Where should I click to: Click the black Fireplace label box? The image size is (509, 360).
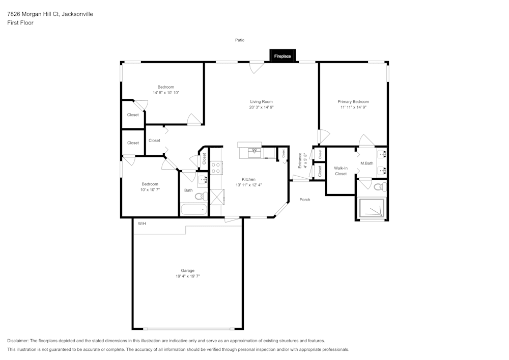point(282,56)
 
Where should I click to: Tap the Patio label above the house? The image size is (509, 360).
point(240,40)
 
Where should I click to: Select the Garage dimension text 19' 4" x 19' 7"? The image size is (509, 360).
point(187,276)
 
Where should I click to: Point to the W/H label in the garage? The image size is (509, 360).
point(142,223)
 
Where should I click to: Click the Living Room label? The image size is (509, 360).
point(261,101)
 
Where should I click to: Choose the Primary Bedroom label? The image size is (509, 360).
point(354,101)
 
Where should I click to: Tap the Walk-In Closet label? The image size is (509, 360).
point(341,171)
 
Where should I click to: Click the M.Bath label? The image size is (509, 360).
point(366,163)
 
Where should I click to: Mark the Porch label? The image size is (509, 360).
point(304,200)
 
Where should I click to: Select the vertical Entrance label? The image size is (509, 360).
point(300,160)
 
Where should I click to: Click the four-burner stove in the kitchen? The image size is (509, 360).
point(216,168)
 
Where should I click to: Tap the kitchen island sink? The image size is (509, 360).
point(254,151)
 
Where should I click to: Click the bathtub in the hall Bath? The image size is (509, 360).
point(193,209)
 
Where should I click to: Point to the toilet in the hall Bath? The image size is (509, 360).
point(200,196)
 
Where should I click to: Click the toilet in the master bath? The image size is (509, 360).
point(379,187)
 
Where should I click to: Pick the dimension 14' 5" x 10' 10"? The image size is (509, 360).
point(165,93)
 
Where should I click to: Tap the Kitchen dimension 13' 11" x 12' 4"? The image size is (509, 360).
point(248,185)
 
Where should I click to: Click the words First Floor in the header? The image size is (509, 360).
point(20,23)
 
